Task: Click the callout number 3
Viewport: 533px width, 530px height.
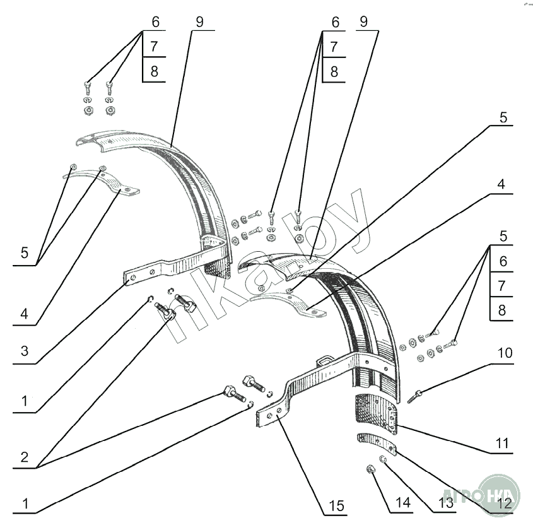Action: pos(25,352)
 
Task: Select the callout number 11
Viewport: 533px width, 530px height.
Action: pos(501,444)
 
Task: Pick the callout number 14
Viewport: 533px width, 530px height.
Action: pos(402,503)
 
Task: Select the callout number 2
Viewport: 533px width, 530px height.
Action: pos(25,457)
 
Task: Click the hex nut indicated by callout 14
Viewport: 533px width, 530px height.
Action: pos(372,469)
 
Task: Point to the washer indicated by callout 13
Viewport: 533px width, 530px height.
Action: pos(383,459)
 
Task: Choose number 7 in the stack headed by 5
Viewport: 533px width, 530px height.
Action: pos(502,285)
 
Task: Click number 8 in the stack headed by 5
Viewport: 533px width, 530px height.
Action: pos(502,310)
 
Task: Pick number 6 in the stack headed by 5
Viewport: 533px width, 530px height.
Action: pos(502,261)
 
